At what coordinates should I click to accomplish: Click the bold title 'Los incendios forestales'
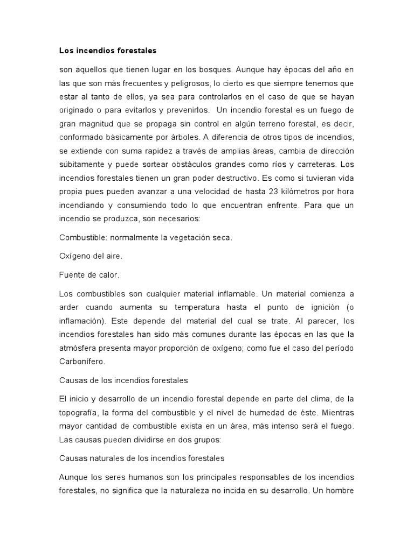coord(107,51)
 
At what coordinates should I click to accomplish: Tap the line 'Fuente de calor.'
coord(88,274)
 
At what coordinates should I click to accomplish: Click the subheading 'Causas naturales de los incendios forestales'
coord(141,458)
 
